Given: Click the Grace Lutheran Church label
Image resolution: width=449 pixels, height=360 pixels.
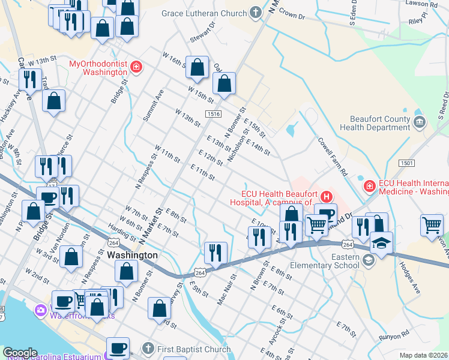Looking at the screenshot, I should point(204,13).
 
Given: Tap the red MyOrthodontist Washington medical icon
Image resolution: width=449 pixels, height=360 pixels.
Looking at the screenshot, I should point(136,67).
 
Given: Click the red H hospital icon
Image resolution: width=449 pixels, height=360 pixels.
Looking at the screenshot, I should point(327,196).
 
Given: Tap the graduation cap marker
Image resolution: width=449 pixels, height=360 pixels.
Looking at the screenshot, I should point(381,243).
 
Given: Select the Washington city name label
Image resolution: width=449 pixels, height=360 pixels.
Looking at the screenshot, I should point(133,255).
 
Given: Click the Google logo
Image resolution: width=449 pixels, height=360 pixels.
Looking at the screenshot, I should point(20,353).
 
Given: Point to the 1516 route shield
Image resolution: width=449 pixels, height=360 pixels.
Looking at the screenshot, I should point(213,114).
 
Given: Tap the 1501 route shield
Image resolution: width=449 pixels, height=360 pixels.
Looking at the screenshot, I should point(407,163).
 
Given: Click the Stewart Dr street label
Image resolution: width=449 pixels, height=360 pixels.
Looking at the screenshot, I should point(202,32).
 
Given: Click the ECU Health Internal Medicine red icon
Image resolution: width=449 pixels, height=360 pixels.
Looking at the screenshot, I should point(369,187).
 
